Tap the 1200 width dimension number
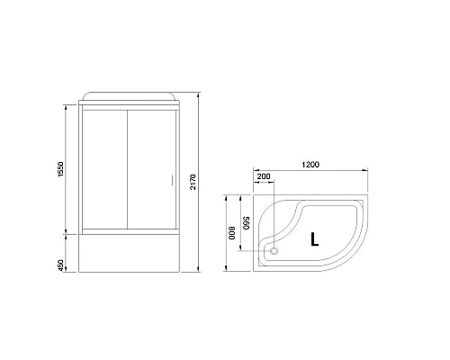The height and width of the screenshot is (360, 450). click(312, 166)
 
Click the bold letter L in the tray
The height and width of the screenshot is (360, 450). click(314, 239)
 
